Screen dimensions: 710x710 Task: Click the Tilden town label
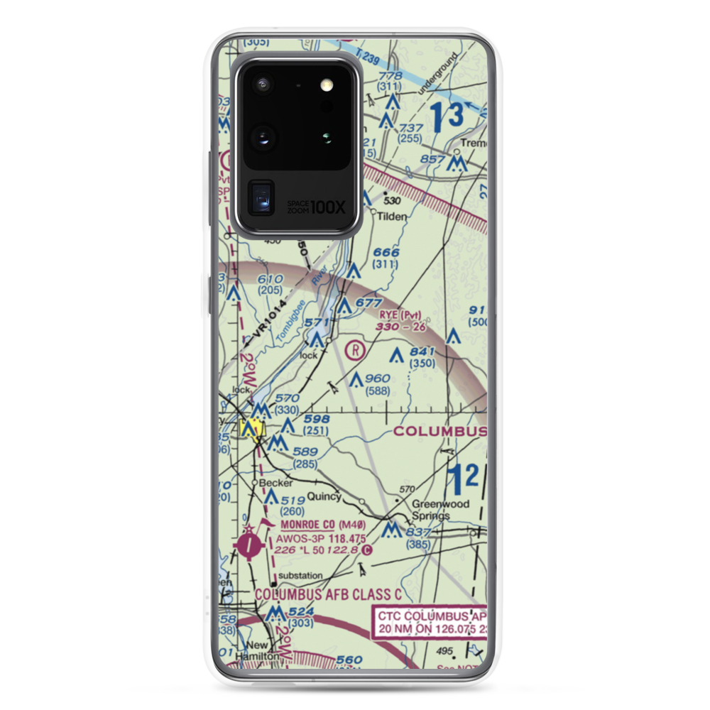tap(393, 217)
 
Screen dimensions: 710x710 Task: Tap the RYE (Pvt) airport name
tap(400, 315)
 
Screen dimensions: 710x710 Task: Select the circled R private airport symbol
tap(355, 349)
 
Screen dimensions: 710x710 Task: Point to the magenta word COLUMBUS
tap(439, 432)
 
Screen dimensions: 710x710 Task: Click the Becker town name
tap(275, 483)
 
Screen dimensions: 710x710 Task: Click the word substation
tap(300, 575)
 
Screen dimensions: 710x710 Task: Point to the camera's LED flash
tap(327, 84)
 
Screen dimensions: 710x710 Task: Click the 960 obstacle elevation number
tap(378, 378)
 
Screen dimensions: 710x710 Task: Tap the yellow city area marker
tap(251, 430)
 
